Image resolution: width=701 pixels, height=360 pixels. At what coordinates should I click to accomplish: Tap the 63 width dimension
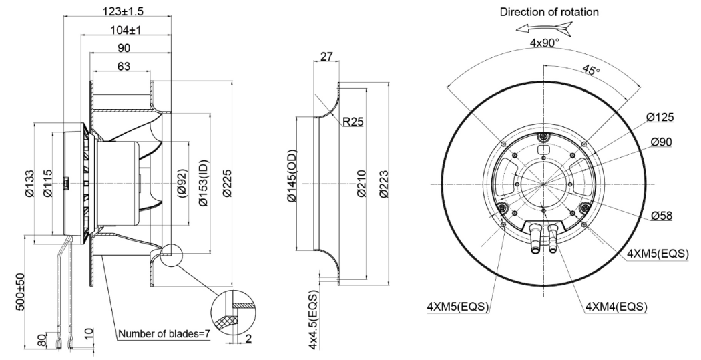124,67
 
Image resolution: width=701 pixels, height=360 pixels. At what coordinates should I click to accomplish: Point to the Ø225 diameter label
227,183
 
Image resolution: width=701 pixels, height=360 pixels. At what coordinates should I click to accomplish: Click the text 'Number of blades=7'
164,333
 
